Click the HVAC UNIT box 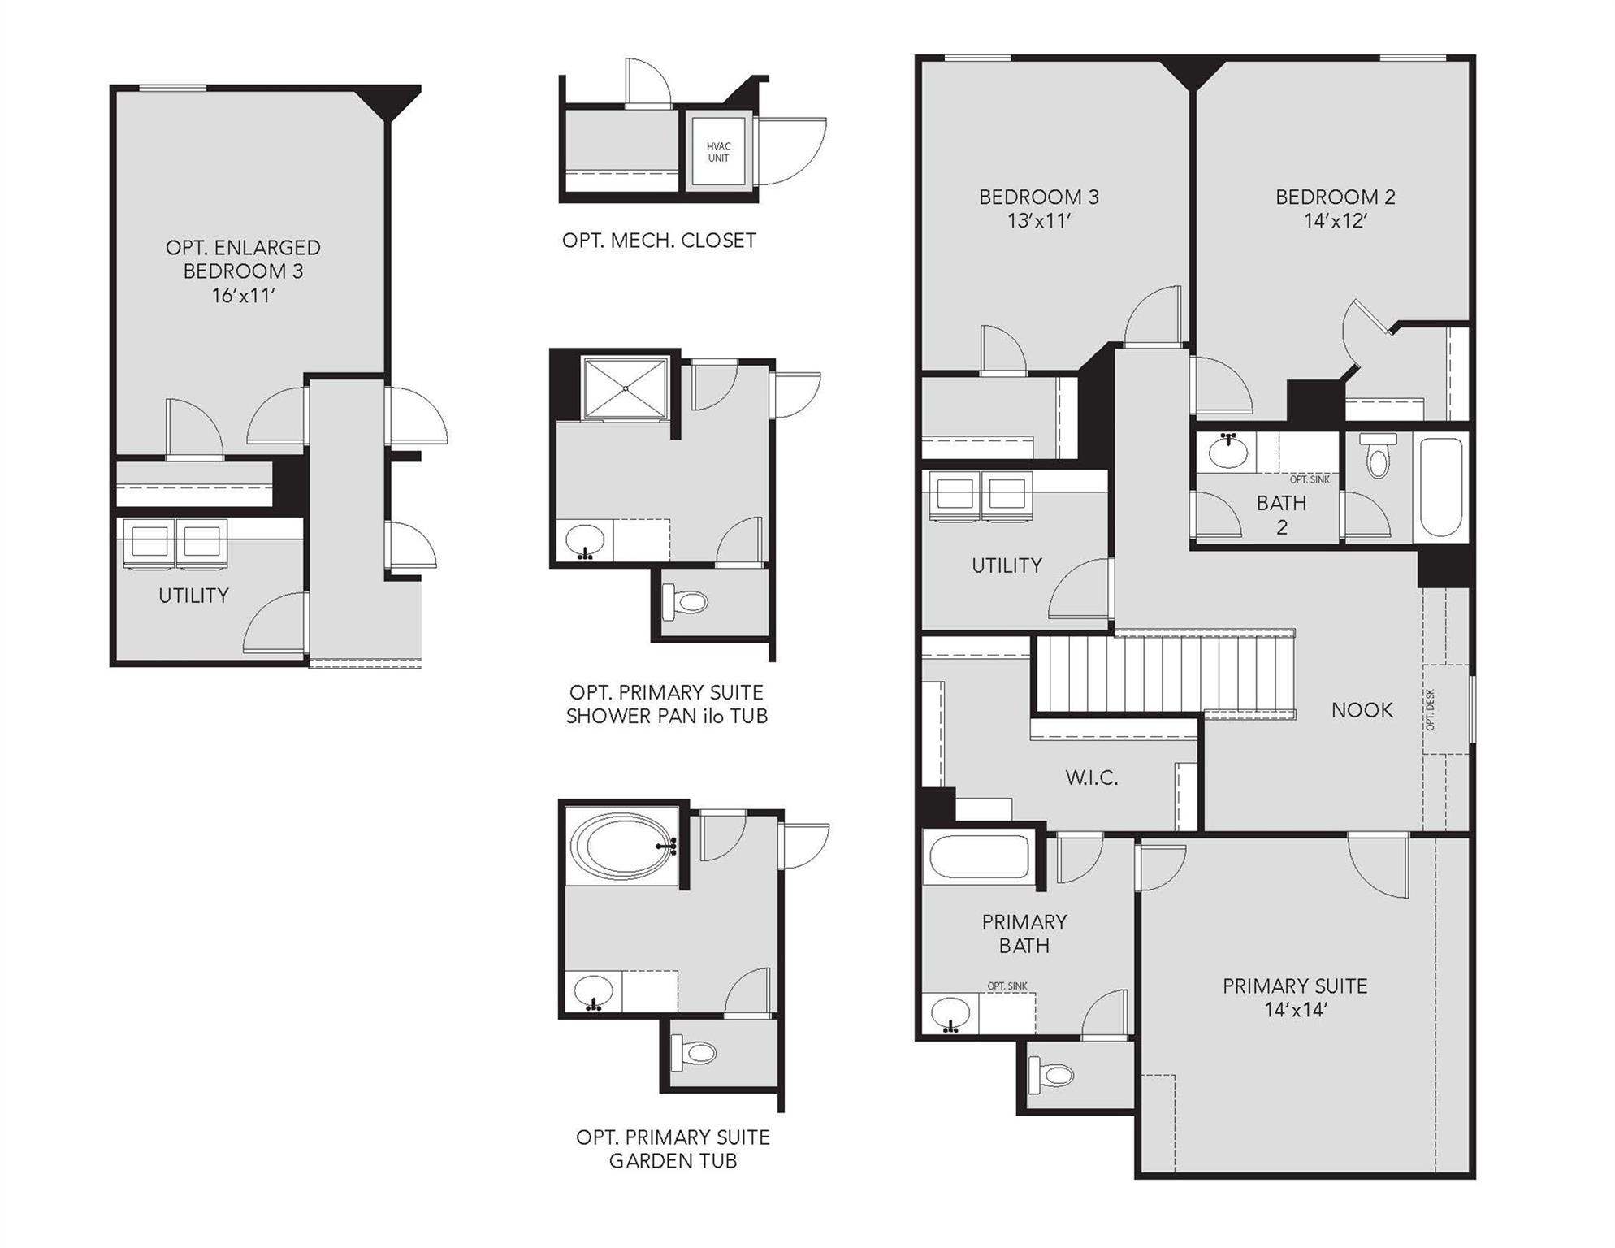(718, 153)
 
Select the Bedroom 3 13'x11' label (1038, 208)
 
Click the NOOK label (1362, 710)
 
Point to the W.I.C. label (1091, 778)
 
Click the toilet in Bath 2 (1378, 457)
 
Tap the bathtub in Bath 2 (1442, 487)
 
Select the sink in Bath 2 (1228, 452)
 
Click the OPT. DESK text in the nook (1431, 709)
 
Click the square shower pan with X (626, 388)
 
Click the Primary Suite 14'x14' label (1295, 997)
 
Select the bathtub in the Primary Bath (979, 858)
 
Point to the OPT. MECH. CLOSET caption (659, 240)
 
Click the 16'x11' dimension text (243, 296)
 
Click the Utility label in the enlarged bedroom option (193, 596)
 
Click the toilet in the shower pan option (691, 602)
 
